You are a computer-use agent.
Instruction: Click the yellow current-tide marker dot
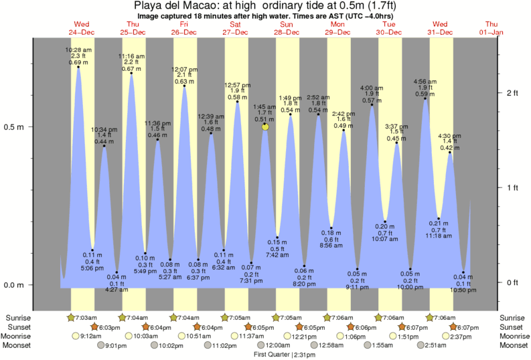[x=266, y=126]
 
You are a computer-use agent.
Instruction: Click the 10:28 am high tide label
[x=78, y=50]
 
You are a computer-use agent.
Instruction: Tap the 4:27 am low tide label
[x=117, y=290]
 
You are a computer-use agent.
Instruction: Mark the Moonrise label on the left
[x=18, y=336]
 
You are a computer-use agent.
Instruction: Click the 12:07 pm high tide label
[x=185, y=69]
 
